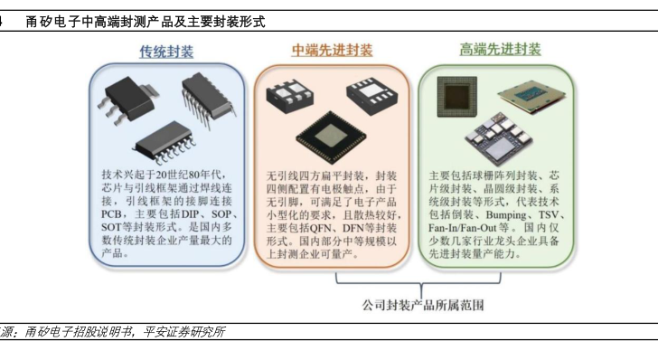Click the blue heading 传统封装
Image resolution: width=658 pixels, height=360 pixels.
pos(166,52)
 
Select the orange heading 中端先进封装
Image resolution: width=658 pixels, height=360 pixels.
pos(332,51)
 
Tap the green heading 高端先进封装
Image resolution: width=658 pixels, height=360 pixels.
pos(500,50)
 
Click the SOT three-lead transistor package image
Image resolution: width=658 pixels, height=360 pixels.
pos(127,100)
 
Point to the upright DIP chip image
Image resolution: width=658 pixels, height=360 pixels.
pos(208,100)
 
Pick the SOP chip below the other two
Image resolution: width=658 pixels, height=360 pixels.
pos(164,143)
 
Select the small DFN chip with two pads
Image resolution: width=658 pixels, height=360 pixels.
pos(289,96)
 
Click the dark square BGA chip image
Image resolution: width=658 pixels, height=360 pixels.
pos(457,97)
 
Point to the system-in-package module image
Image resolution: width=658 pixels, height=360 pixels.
pos(499,139)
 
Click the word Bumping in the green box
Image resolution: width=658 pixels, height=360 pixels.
pos(506,215)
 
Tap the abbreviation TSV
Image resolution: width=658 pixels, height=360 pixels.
pos(549,214)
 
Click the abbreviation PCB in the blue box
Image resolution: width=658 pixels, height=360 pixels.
pos(111,213)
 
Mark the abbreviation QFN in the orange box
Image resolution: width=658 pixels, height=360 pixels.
pos(321,228)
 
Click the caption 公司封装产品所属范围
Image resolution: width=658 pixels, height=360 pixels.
pos(423,305)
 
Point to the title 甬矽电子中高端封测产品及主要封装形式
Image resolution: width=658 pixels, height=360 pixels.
pos(146,22)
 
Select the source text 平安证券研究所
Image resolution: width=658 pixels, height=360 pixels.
pos(184,332)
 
